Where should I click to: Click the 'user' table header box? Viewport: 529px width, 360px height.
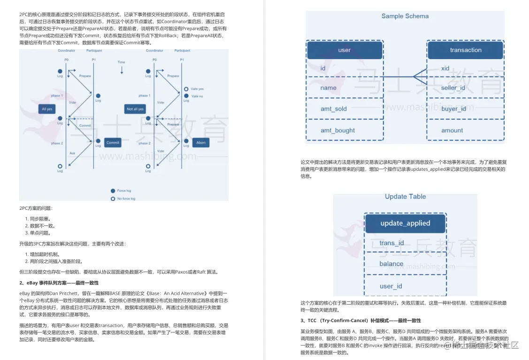coord(345,50)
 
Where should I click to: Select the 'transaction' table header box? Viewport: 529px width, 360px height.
coord(465,50)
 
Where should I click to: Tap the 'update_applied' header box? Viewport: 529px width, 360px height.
coord(405,223)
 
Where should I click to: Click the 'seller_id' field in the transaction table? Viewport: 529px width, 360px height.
coord(453,88)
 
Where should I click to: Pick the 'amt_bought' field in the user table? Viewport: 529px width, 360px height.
coord(337,130)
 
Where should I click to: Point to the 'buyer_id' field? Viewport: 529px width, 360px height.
coord(453,109)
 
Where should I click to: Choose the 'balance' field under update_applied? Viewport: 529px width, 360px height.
coord(391,264)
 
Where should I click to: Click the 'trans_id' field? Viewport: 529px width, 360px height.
coord(391,243)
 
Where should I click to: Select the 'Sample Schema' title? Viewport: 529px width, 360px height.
coord(405,16)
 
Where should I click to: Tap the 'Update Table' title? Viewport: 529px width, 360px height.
coord(405,197)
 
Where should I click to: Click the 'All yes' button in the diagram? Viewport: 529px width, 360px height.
coord(47,109)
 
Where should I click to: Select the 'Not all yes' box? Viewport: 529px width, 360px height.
coord(135,109)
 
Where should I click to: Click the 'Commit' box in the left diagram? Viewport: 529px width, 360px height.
coord(113,143)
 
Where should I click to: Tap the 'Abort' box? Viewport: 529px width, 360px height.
coord(200,143)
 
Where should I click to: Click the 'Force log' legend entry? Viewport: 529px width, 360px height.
coord(121,191)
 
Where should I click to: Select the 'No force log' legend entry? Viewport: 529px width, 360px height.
coord(123,199)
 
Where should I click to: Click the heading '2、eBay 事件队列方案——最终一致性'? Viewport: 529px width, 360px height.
coord(59,283)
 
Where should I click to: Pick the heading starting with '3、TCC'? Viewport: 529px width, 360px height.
coord(360,321)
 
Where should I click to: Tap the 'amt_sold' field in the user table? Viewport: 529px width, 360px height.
coord(334,109)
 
